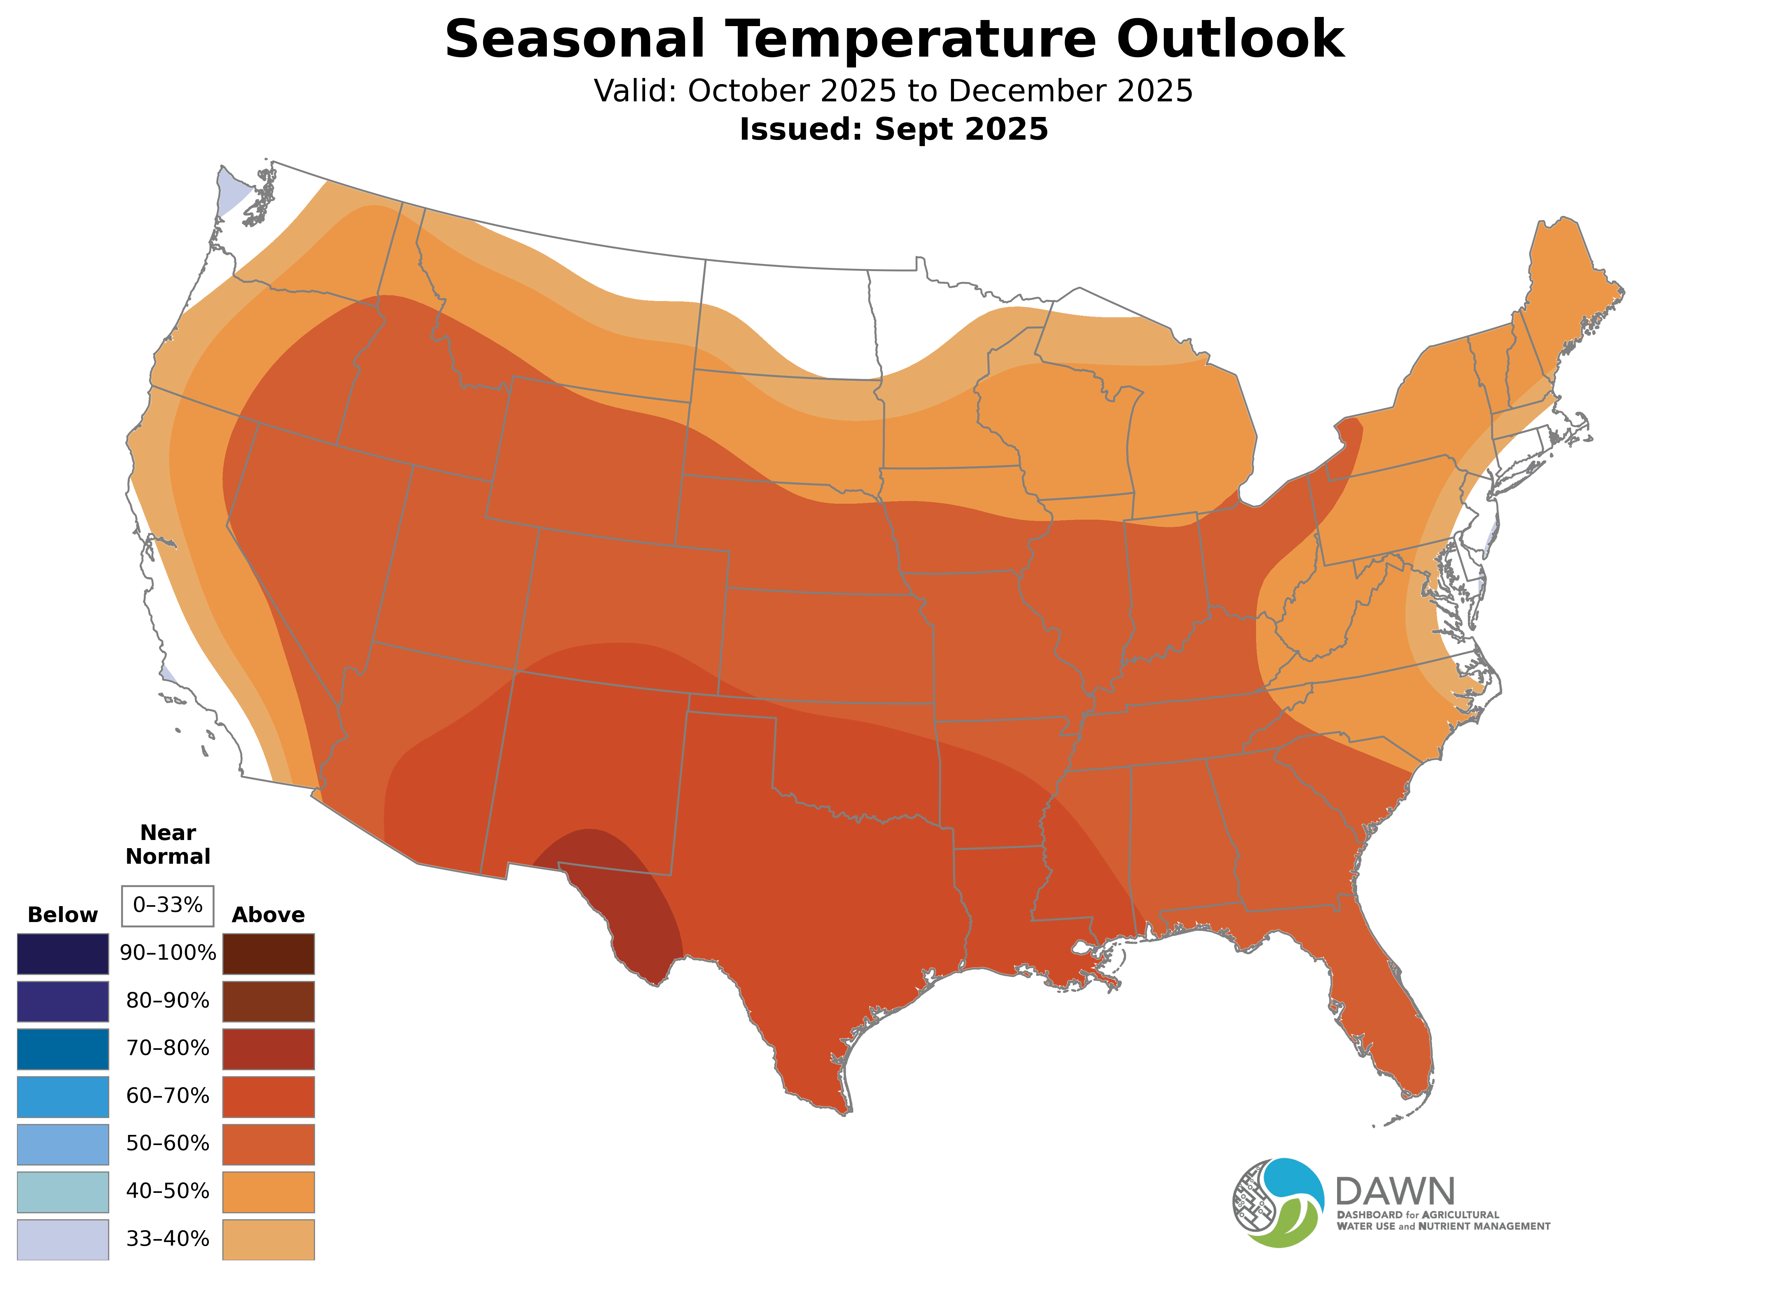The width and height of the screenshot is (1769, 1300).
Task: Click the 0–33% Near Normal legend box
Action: pos(167,905)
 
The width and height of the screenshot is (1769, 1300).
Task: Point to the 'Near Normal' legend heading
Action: pos(167,844)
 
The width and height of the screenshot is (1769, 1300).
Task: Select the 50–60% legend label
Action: pos(167,1143)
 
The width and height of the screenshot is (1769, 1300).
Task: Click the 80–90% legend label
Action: pos(167,1001)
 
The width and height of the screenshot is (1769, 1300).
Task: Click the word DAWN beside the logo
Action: pos(1394,1192)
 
